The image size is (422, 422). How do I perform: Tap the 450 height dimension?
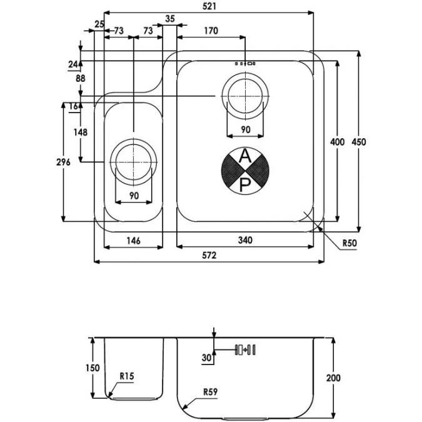[358, 142]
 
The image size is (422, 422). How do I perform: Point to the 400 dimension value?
[337, 142]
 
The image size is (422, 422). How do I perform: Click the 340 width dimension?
[245, 240]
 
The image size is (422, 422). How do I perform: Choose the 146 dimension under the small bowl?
[133, 240]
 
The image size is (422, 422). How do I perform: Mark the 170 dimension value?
[211, 31]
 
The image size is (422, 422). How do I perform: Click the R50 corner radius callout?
[348, 243]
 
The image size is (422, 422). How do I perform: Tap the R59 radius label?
[210, 393]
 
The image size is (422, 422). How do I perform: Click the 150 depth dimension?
[93, 368]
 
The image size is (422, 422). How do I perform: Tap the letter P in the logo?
[245, 183]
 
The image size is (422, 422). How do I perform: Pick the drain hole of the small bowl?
[133, 161]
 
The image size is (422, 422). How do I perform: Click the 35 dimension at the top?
[171, 18]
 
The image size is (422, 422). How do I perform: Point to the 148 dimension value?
[80, 133]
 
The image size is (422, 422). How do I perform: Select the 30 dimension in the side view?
[206, 358]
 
